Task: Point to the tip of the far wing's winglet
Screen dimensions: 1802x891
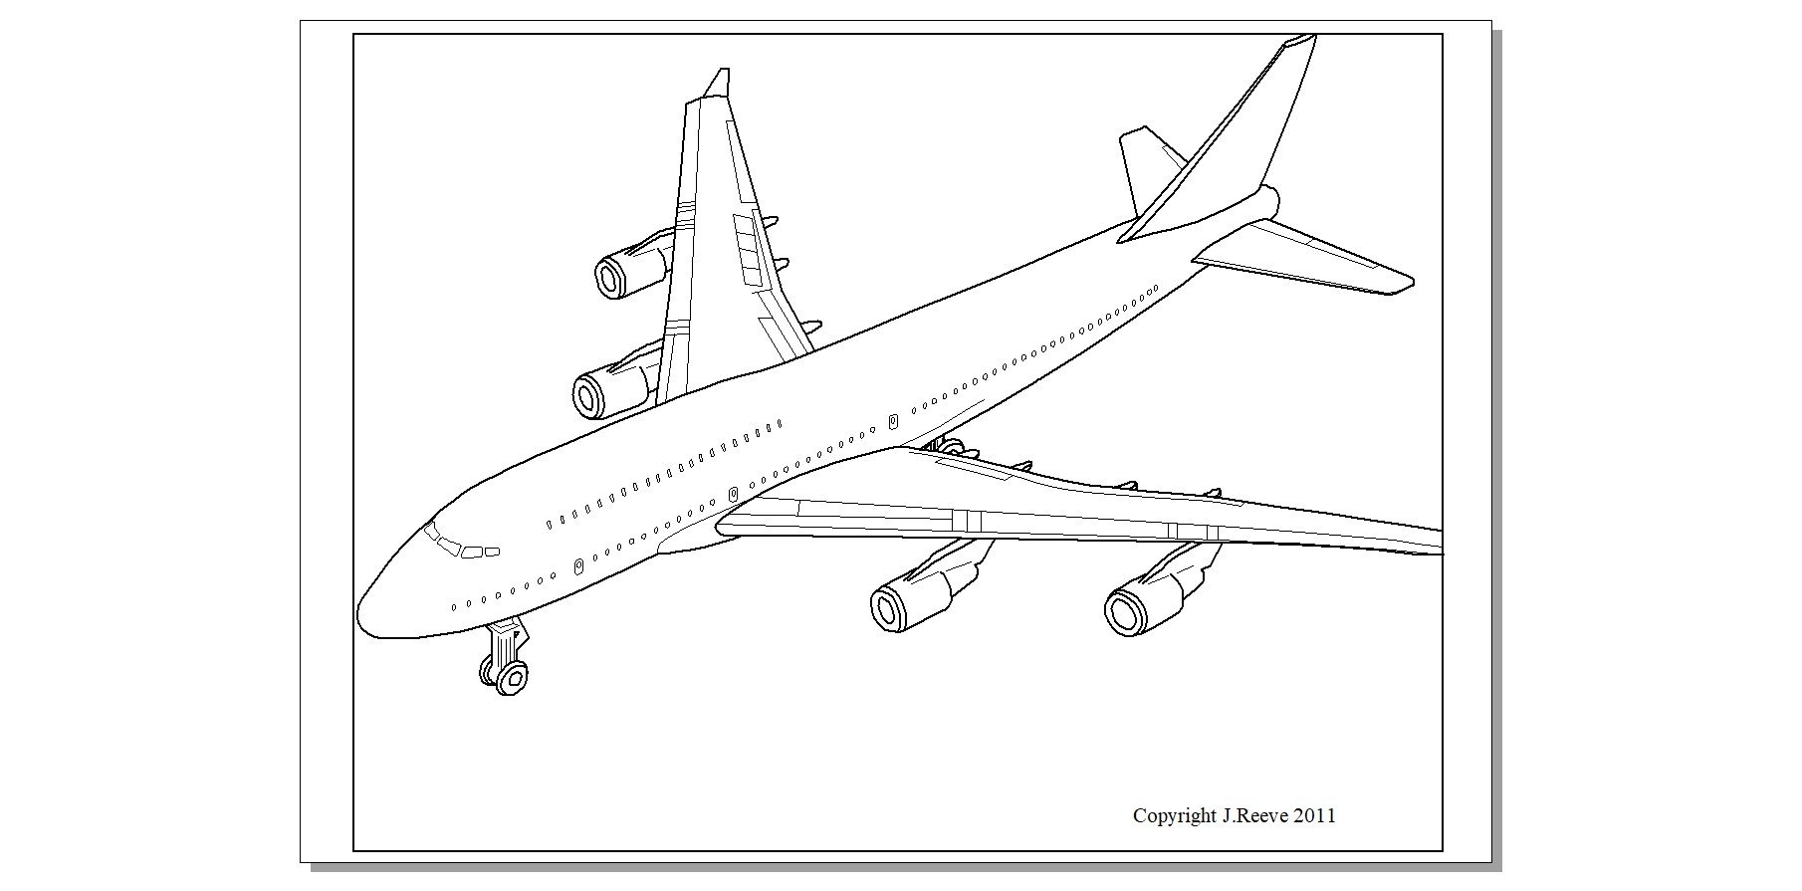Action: point(724,70)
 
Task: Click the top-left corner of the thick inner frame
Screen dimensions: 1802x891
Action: point(354,35)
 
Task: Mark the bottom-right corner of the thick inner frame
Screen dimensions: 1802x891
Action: point(1442,850)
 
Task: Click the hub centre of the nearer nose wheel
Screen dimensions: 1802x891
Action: point(514,679)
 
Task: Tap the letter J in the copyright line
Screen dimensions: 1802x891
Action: point(1226,815)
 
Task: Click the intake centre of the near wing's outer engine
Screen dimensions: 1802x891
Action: point(1125,613)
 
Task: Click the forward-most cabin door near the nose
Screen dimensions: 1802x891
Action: point(578,566)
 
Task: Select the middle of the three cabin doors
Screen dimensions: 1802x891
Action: point(734,494)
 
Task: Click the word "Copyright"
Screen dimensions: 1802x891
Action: point(1174,816)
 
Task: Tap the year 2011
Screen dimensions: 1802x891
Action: point(1314,815)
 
